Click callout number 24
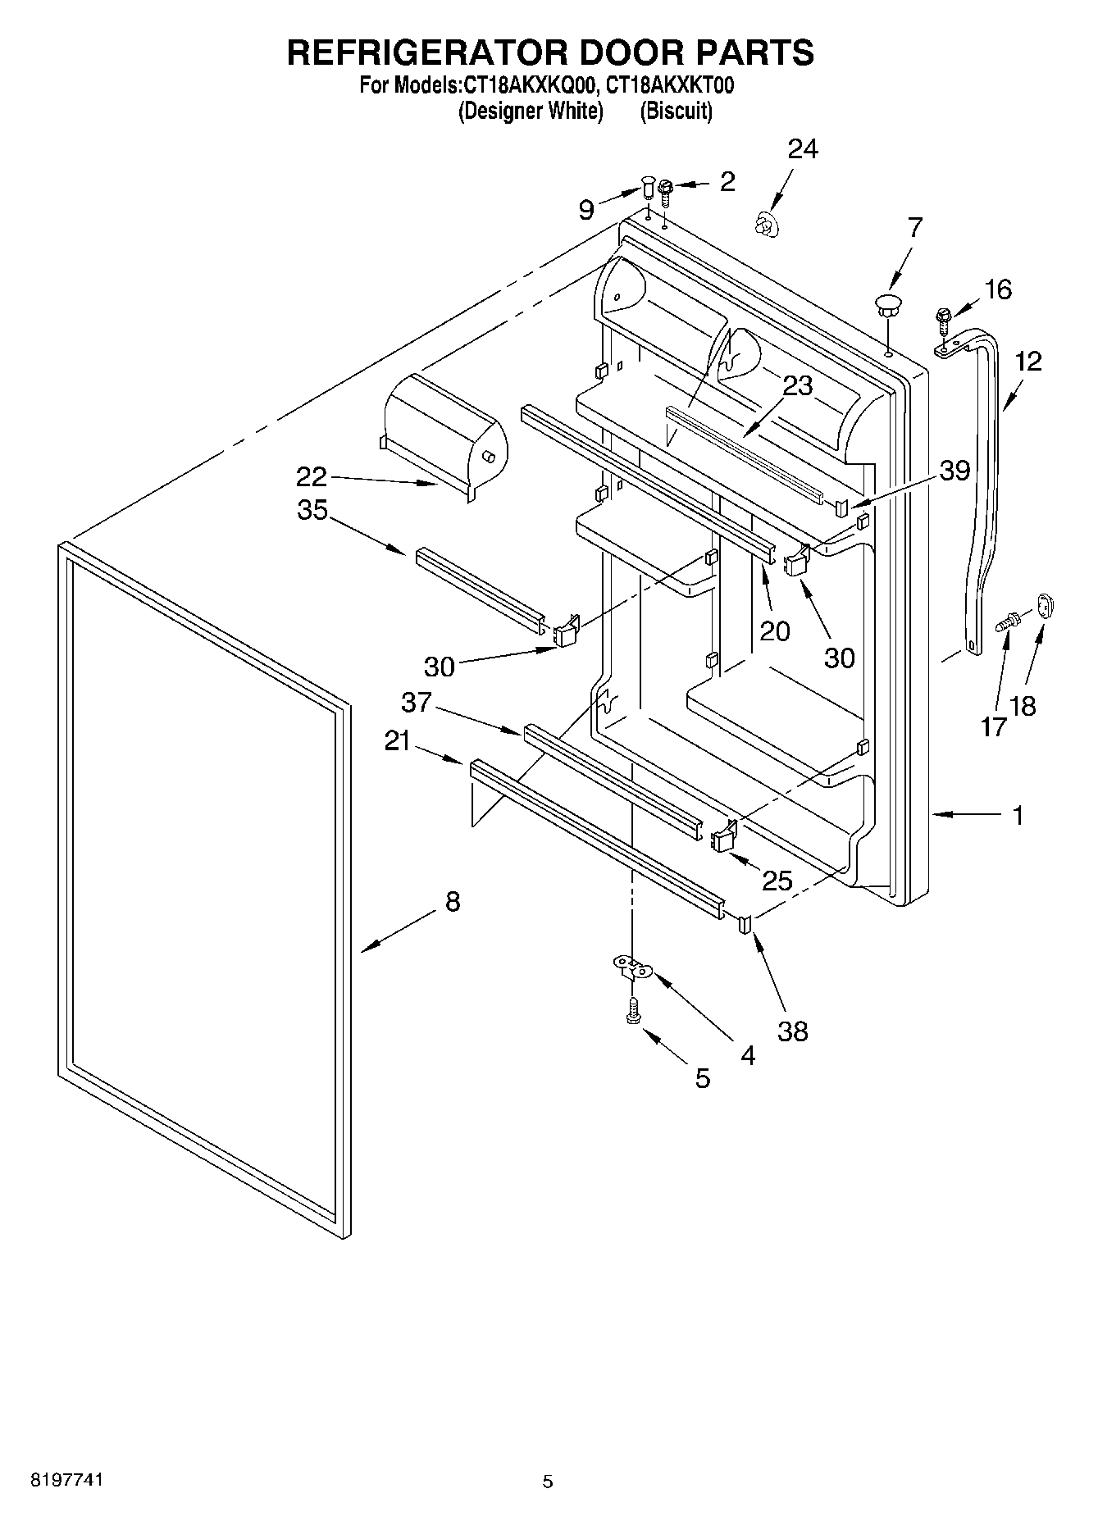(803, 149)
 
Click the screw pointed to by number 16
(943, 319)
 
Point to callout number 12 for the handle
(1027, 361)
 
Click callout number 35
(312, 510)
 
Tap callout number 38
(792, 1031)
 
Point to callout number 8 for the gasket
(453, 903)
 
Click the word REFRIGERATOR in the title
(426, 52)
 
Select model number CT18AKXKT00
(670, 85)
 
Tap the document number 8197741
(66, 1481)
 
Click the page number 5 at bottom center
(548, 1482)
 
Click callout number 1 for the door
(1018, 816)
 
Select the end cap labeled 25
(723, 839)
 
